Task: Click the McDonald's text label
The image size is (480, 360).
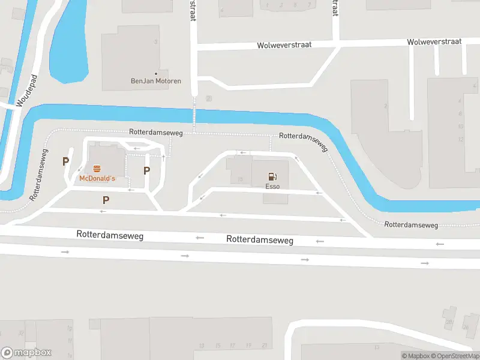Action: (x=97, y=179)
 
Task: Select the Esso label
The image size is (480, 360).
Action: (x=272, y=187)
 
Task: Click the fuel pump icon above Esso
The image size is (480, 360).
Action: (x=272, y=176)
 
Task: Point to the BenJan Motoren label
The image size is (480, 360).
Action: (x=156, y=81)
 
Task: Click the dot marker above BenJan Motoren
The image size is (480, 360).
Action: (x=156, y=73)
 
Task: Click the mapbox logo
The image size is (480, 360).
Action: (x=26, y=353)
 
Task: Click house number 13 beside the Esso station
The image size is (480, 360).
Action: (x=240, y=179)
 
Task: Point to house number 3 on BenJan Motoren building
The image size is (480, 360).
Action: (x=156, y=42)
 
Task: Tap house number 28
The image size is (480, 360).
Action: (x=448, y=322)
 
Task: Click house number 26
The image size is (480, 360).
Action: (x=466, y=327)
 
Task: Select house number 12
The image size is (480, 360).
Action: (x=460, y=139)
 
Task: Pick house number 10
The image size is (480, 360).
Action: (x=460, y=127)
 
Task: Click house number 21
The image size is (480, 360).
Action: (x=264, y=346)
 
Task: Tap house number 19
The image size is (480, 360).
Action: (x=248, y=346)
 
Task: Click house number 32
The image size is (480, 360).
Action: (x=21, y=333)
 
